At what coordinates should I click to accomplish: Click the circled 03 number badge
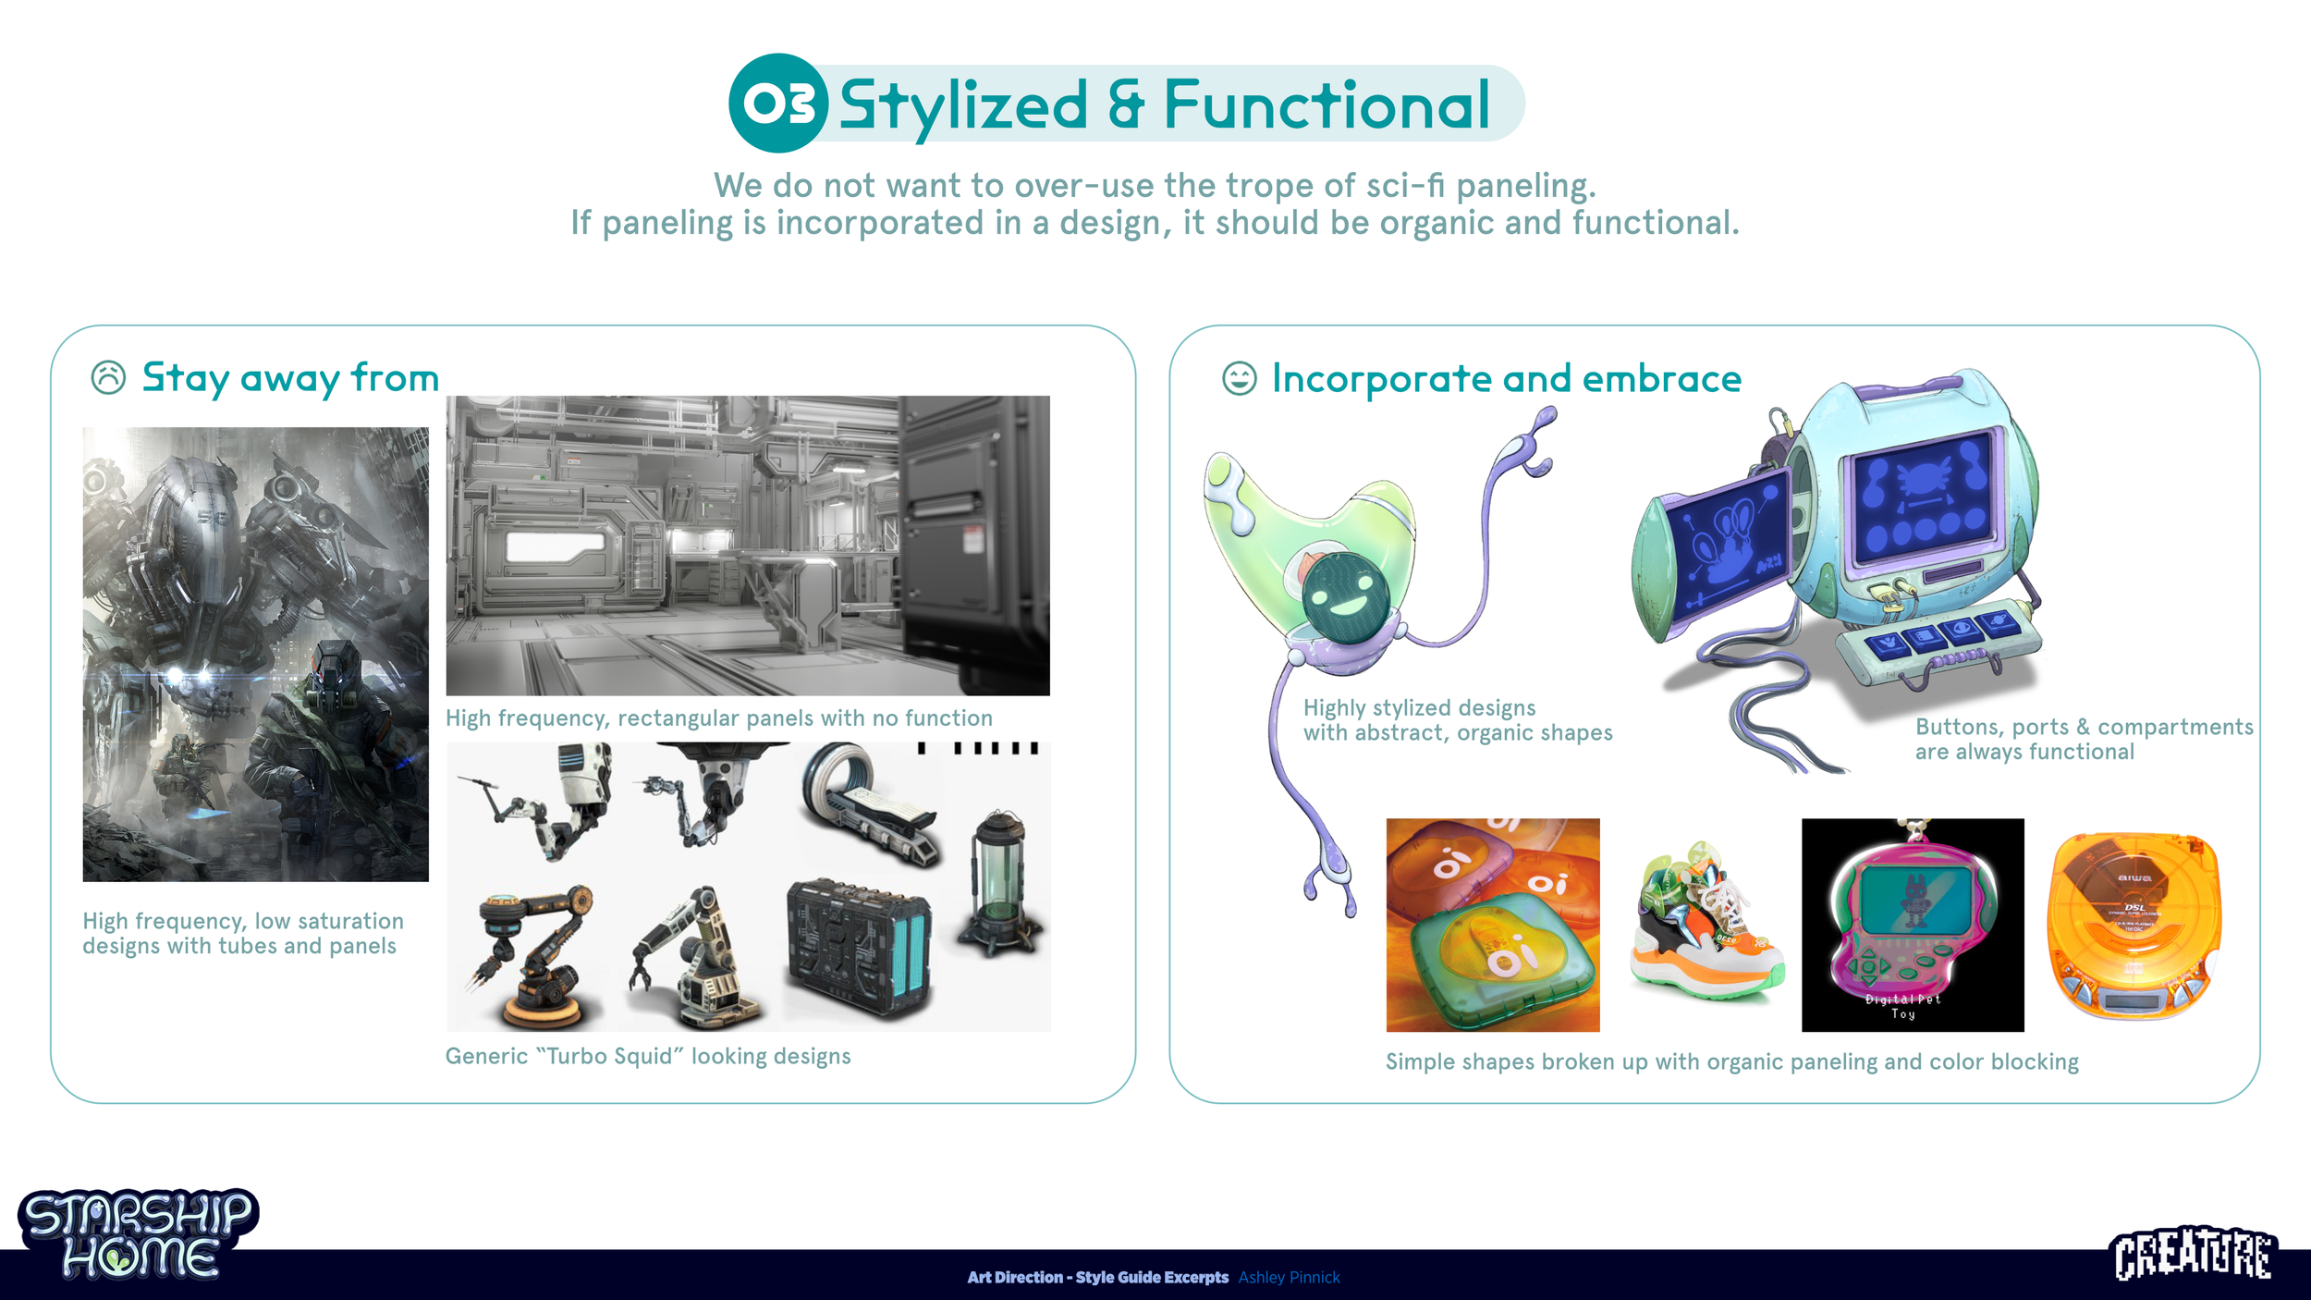(777, 103)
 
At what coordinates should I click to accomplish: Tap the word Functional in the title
(1326, 104)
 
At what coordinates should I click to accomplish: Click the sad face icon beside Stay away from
(108, 377)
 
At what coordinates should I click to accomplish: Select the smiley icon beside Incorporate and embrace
(1239, 378)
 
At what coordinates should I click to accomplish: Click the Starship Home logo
(139, 1234)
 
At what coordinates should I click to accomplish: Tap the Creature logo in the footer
(2194, 1254)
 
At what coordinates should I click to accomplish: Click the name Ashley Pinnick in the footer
(1289, 1277)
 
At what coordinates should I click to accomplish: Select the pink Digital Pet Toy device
(1911, 925)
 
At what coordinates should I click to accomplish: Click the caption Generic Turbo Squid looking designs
(647, 1056)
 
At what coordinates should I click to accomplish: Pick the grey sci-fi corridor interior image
(747, 546)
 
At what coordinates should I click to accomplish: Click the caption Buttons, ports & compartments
(2084, 727)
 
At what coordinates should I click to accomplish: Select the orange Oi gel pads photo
(1492, 925)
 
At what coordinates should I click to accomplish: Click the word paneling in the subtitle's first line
(1525, 186)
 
